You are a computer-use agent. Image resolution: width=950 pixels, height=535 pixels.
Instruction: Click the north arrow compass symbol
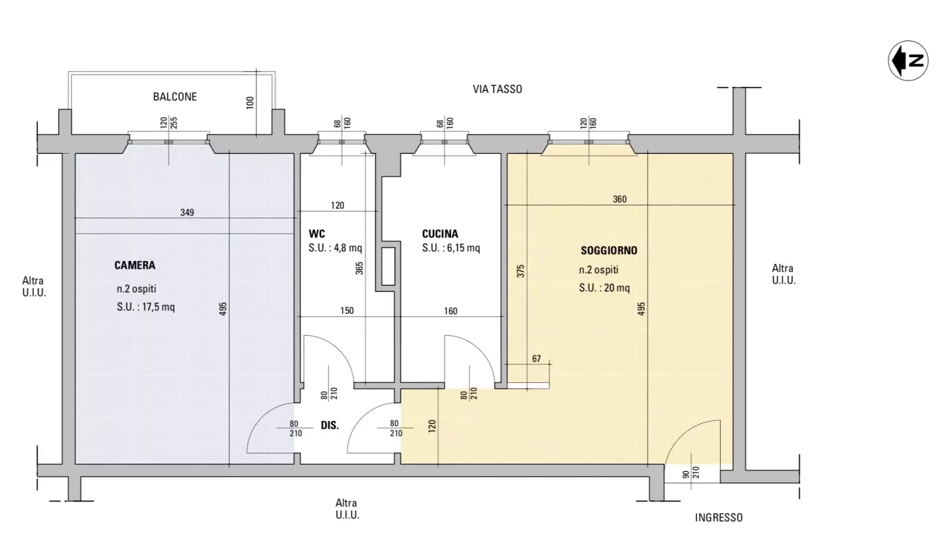(x=908, y=60)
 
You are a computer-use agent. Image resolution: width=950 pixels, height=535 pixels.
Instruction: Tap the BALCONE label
(x=175, y=97)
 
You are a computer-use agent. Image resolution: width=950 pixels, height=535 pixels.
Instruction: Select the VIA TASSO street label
(x=497, y=89)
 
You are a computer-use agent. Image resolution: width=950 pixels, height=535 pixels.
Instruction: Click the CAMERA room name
(x=135, y=265)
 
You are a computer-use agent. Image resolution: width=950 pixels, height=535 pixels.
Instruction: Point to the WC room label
(x=317, y=234)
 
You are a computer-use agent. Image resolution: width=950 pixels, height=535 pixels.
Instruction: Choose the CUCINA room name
(x=440, y=234)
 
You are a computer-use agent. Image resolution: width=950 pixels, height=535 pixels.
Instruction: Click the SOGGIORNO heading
(x=609, y=250)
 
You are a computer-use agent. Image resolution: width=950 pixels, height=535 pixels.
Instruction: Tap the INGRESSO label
(x=718, y=518)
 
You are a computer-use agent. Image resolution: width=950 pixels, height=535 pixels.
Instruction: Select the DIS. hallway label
(x=330, y=426)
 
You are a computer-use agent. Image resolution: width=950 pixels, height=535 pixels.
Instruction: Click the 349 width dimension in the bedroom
(x=187, y=212)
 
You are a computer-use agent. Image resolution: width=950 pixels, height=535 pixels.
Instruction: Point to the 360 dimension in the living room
(x=620, y=199)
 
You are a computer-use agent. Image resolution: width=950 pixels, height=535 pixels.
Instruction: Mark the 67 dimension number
(x=536, y=359)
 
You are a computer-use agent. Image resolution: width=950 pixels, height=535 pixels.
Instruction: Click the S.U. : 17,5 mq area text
(x=146, y=307)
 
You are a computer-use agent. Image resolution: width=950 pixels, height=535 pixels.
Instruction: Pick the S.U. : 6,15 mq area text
(x=451, y=248)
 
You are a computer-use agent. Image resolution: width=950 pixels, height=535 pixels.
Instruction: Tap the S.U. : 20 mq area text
(x=604, y=288)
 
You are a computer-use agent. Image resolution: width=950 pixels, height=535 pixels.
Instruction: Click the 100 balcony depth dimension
(x=250, y=102)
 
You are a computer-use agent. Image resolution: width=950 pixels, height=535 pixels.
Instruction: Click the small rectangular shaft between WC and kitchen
(x=388, y=266)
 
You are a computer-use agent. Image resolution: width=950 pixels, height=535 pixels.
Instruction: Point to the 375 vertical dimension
(x=521, y=271)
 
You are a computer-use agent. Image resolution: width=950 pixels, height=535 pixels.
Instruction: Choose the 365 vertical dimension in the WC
(x=359, y=268)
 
